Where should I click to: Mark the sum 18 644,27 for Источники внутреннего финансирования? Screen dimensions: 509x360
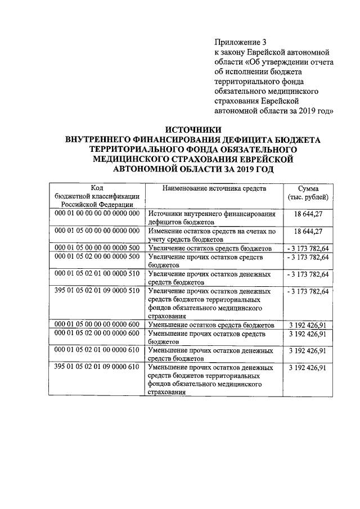click(x=308, y=214)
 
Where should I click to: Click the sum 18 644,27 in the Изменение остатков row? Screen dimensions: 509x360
click(x=308, y=231)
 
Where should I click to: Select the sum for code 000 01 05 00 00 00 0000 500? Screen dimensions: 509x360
click(x=307, y=247)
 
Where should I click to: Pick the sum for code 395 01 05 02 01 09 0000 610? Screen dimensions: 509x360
click(x=307, y=368)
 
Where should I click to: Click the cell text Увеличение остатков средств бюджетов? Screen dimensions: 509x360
click(x=210, y=248)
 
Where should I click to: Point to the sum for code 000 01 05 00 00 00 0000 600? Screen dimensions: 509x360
click(x=307, y=325)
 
